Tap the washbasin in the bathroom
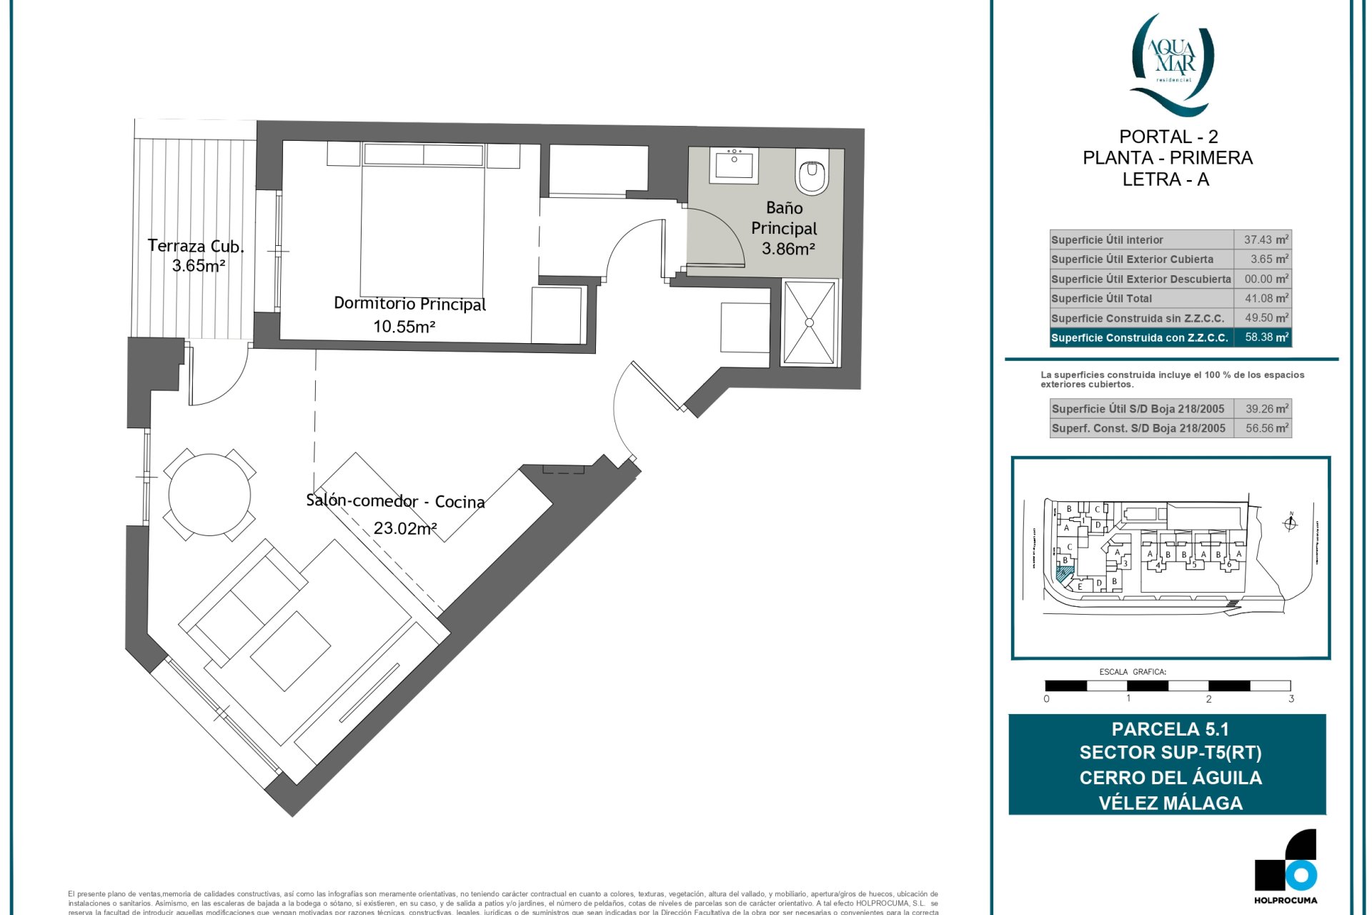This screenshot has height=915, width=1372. point(734,166)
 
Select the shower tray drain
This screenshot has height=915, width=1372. point(810,322)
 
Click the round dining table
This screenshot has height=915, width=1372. point(209,495)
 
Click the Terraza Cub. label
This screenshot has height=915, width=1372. point(196,246)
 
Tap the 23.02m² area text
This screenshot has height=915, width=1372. point(405,528)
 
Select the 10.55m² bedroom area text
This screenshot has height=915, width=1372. point(404,327)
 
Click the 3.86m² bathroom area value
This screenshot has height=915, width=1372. point(788,249)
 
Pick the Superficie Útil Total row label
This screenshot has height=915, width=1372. point(1101,299)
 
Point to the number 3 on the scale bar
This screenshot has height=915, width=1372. point(1291,699)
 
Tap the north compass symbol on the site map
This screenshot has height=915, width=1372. point(1291,523)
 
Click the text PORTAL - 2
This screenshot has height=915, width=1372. point(1168,137)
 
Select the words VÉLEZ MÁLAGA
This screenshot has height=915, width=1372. point(1170,803)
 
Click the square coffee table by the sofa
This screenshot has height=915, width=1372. point(290,651)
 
